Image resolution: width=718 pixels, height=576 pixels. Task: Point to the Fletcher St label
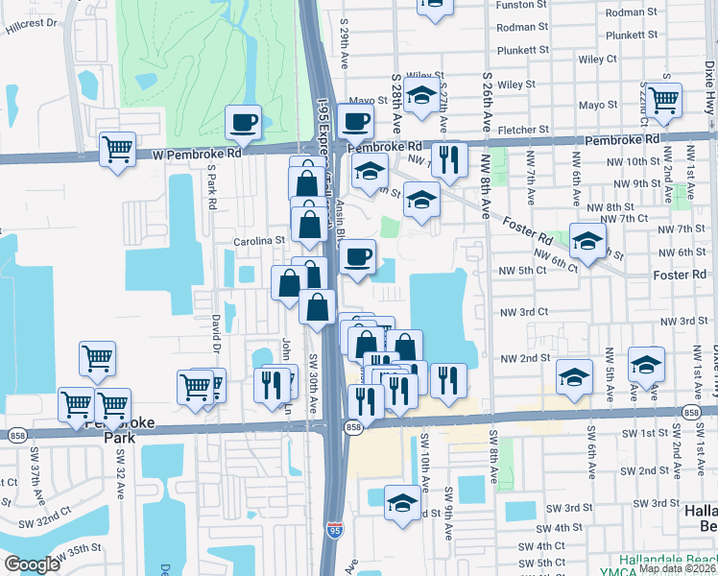[530, 129]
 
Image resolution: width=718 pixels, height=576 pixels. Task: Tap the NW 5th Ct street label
[523, 270]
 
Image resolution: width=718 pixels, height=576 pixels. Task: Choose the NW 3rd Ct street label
[523, 312]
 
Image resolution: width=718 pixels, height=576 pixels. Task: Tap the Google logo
[32, 564]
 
